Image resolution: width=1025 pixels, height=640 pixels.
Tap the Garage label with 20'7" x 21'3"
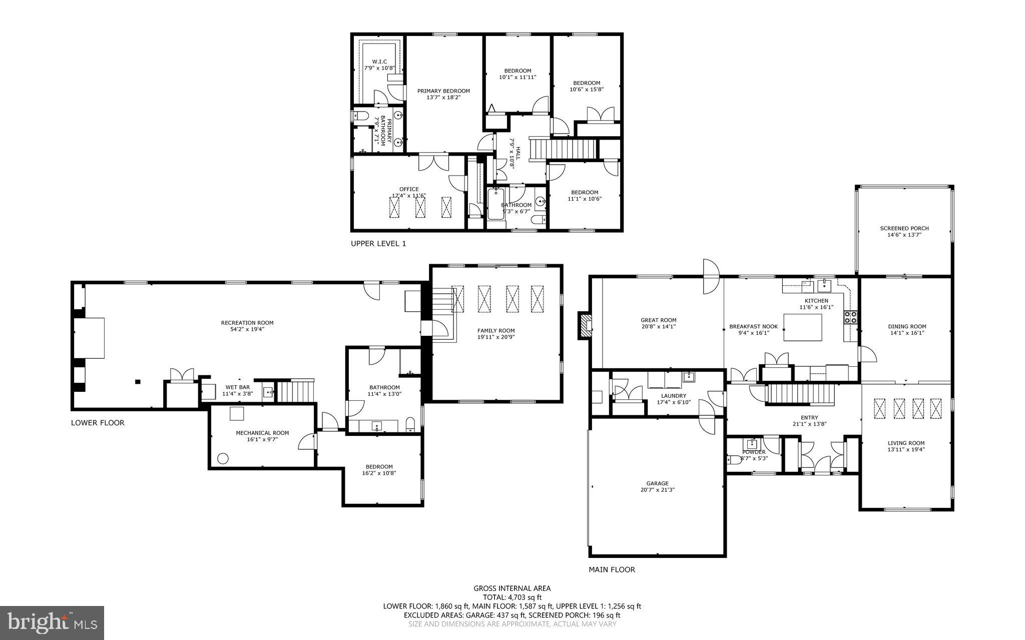[657, 483]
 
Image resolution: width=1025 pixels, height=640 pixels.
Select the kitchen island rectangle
[802, 327]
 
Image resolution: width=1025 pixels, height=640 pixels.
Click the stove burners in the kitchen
[850, 316]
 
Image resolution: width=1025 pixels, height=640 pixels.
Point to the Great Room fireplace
[585, 326]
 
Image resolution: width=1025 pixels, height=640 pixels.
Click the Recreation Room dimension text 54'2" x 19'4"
[247, 329]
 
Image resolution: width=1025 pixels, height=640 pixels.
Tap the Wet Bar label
[237, 387]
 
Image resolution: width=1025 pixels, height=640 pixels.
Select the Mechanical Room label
[262, 433]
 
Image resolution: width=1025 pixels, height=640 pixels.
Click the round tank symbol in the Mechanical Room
[222, 458]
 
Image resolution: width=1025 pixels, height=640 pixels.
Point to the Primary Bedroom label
[443, 91]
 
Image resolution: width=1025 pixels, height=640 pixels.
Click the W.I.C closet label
[379, 62]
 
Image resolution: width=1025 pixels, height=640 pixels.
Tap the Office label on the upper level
[409, 189]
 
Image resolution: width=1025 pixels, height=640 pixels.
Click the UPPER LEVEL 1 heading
[378, 244]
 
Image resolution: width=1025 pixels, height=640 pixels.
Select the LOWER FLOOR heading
[98, 423]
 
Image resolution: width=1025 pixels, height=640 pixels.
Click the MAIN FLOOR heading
[612, 569]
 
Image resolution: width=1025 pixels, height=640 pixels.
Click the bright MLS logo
[52, 622]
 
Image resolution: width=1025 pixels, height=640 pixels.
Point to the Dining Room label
[907, 326]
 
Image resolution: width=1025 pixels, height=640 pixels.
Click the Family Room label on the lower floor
[495, 330]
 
